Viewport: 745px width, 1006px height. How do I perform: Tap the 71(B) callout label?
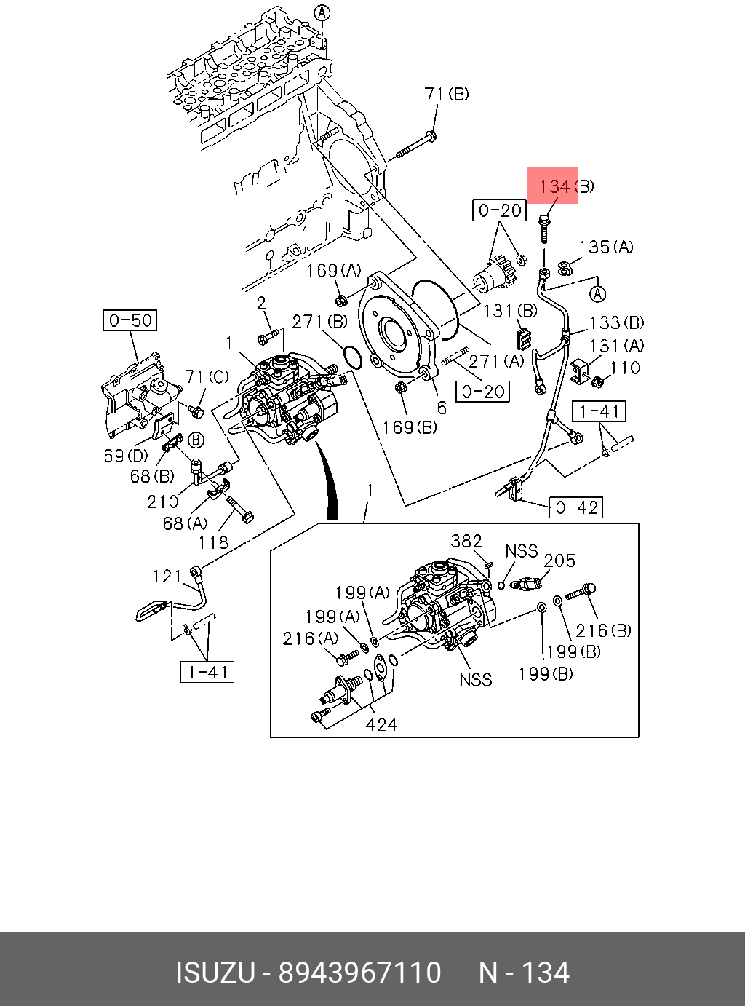click(446, 94)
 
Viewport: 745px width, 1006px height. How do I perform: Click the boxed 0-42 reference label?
click(576, 507)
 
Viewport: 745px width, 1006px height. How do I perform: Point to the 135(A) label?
click(606, 247)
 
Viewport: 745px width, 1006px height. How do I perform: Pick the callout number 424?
click(381, 724)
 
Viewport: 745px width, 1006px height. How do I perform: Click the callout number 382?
click(466, 541)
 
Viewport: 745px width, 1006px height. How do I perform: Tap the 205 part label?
click(559, 561)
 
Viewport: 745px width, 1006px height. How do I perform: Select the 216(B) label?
click(603, 630)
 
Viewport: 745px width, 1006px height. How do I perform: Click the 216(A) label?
click(311, 638)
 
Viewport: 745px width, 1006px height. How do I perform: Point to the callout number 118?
click(213, 542)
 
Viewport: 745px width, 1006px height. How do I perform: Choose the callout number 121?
click(167, 577)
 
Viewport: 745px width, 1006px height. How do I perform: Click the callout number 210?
click(162, 502)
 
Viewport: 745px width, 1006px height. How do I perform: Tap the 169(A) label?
click(333, 271)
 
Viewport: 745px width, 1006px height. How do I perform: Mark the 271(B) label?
click(320, 321)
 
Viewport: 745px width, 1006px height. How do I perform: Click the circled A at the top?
click(322, 12)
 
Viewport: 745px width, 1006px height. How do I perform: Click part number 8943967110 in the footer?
click(360, 973)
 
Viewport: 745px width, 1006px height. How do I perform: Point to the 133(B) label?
click(616, 322)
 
